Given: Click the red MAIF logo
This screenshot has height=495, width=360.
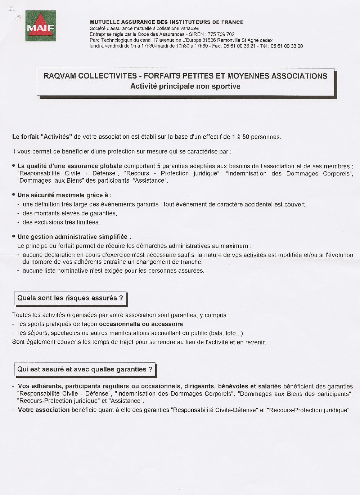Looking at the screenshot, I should coord(40,26).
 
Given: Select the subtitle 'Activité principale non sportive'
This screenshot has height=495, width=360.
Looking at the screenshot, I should coord(185,86).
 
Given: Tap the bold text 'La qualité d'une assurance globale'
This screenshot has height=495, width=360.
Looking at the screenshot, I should coord(69,166).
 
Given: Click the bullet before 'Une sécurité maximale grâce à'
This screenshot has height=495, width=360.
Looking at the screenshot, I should coord(14,195).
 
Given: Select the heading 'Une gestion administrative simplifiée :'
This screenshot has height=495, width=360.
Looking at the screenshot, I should coord(74,237).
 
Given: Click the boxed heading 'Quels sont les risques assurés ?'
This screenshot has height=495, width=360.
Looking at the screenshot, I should coord(70,298).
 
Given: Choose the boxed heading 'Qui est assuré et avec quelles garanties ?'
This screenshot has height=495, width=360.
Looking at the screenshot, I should coord(85,369).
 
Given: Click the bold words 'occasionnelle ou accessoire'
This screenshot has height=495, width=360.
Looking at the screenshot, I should coord(141,324).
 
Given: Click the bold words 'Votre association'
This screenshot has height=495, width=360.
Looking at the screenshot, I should coord(44,410).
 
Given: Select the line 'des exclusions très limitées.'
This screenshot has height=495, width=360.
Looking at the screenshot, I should coord(61,222).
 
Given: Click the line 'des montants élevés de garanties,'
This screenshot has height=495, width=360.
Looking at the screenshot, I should coord(70,213).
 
